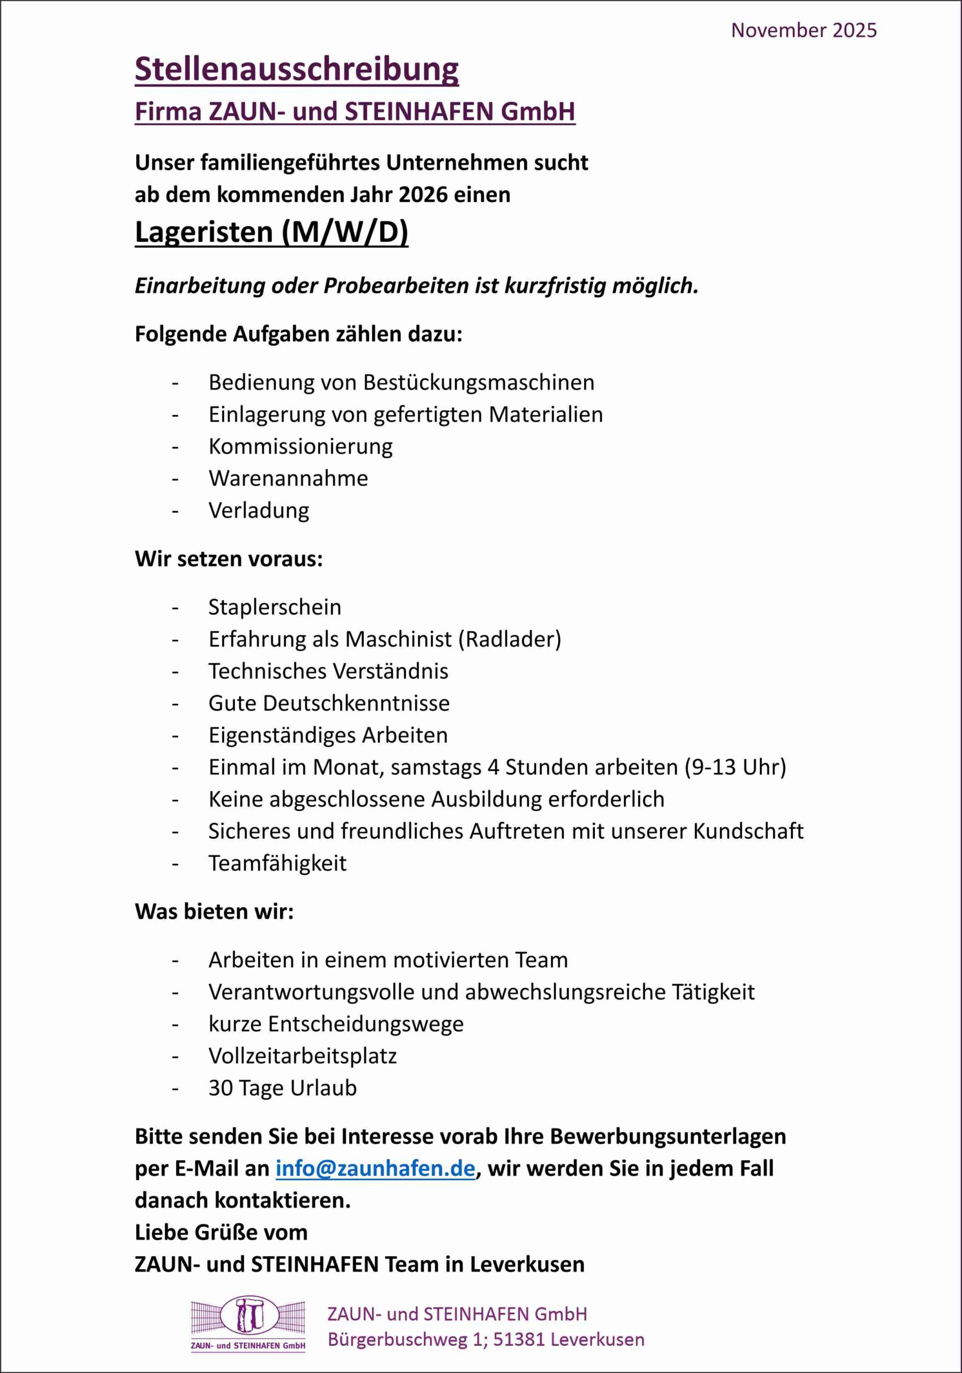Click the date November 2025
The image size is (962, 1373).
pos(804,31)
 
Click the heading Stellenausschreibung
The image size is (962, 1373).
pos(297,69)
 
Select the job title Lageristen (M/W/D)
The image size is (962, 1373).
pos(271,232)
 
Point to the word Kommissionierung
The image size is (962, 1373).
pos(300,447)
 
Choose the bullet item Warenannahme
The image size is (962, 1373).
pos(288,478)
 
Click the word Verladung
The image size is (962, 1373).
pos(259,511)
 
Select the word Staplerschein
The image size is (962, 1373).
pos(275,608)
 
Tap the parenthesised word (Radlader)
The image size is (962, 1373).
pos(510,640)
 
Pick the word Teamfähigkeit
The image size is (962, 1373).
pos(277,863)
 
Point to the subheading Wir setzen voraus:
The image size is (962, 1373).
pos(229,559)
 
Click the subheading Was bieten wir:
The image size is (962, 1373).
pos(214,912)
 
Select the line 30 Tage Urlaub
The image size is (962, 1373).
pos(282,1088)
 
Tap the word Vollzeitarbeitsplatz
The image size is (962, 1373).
pos(302,1056)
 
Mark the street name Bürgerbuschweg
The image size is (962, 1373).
pos(396,1340)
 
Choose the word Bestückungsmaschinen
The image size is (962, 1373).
pos(479,383)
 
